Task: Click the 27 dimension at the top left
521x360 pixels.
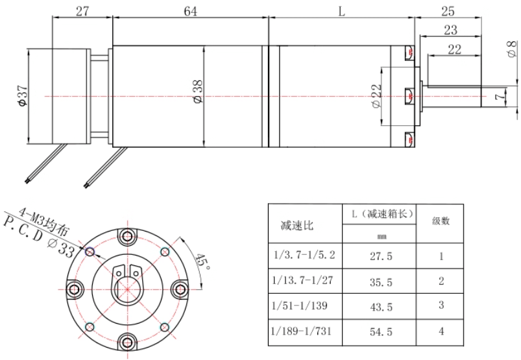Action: coord(82,11)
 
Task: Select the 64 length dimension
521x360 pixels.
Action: coord(190,11)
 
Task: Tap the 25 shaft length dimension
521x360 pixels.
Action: coord(447,11)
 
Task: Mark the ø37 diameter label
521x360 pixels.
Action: coord(22,96)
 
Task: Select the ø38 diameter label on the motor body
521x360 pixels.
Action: coord(198,96)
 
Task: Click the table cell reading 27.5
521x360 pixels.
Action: coord(381,256)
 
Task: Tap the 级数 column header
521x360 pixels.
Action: coord(442,221)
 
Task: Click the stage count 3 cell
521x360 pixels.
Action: coord(442,306)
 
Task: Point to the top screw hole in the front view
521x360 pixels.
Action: coord(127,235)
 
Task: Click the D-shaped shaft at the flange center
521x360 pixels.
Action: coord(127,285)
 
